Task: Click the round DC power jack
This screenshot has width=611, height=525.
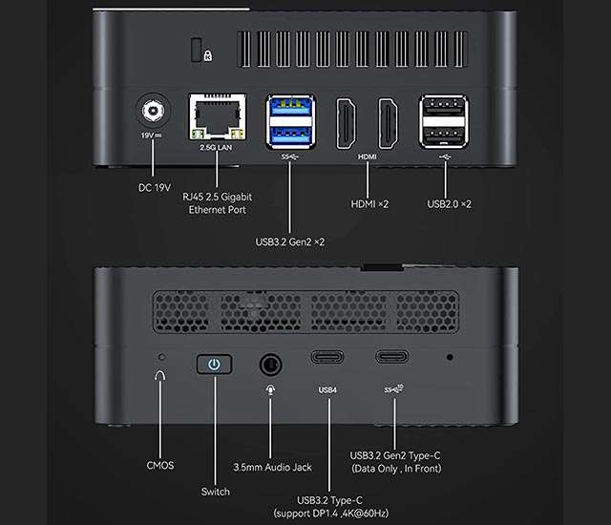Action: (151, 114)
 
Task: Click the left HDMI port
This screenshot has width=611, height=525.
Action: (345, 120)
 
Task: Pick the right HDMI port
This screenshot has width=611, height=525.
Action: (389, 120)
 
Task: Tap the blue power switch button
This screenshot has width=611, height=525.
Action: (215, 365)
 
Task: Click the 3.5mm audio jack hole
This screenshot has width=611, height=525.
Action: (271, 365)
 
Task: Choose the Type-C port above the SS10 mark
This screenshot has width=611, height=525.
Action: (392, 358)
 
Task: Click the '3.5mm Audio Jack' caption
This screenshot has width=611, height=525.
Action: (271, 467)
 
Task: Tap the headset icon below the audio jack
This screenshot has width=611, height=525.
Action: (271, 390)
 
